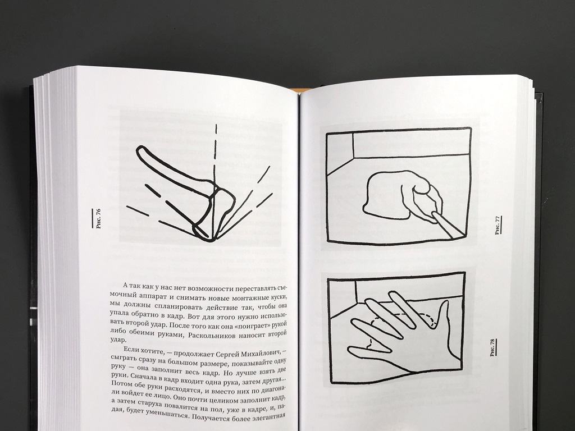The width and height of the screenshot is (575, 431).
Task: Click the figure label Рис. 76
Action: click(98, 218)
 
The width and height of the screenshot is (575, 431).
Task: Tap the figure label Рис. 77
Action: click(498, 226)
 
